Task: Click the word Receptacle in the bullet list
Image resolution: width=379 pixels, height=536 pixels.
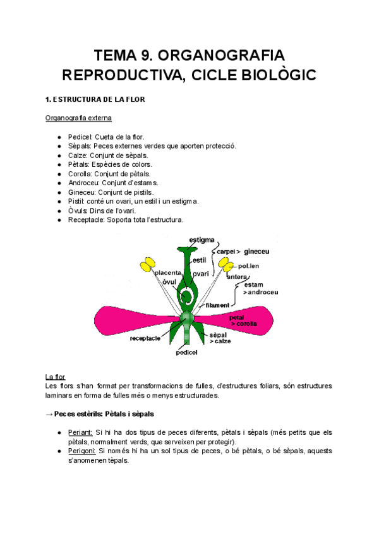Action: pyautogui.click(x=87, y=219)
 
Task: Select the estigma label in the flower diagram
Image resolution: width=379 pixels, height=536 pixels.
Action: pyautogui.click(x=202, y=240)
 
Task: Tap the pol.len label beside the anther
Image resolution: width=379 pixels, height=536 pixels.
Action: pyautogui.click(x=248, y=266)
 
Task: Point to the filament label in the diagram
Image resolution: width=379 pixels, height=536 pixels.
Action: pyautogui.click(x=217, y=305)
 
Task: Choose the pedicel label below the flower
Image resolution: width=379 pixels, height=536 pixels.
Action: pyautogui.click(x=188, y=353)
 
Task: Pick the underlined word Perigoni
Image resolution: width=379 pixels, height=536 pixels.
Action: pyautogui.click(x=82, y=451)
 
